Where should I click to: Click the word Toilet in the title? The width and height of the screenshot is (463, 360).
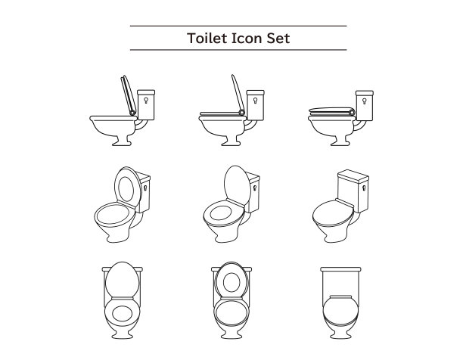coord(207,38)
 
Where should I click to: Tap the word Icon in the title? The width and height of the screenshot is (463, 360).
coord(247,38)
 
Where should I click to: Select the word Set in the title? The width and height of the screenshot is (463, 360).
coord(278,38)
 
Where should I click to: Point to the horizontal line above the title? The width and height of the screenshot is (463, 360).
coord(238,26)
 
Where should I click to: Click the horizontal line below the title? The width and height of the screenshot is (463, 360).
coord(238,50)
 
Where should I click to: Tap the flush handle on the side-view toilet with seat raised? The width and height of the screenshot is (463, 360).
coord(146,100)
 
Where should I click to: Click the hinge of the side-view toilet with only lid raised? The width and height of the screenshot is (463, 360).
coord(242,112)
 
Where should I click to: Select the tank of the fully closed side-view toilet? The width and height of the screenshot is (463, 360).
coord(365,105)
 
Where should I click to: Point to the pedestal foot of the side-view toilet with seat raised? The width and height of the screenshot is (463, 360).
coord(121,141)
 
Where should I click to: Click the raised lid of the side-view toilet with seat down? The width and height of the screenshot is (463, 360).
coord(238,93)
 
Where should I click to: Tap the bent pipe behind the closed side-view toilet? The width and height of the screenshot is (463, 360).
coord(360,126)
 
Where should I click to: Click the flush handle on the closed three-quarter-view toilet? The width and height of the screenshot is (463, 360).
coord(364,188)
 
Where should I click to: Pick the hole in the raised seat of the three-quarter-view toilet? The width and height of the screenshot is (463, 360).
coord(126,189)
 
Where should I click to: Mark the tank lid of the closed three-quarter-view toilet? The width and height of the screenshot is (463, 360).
coord(353,175)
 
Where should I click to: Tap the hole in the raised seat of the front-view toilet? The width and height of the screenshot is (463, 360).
coord(231,282)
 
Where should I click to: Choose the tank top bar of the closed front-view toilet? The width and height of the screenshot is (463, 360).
coord(340,269)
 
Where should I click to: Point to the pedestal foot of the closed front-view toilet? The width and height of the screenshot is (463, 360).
coord(340,334)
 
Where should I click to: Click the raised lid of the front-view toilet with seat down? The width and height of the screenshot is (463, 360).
coord(122,279)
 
